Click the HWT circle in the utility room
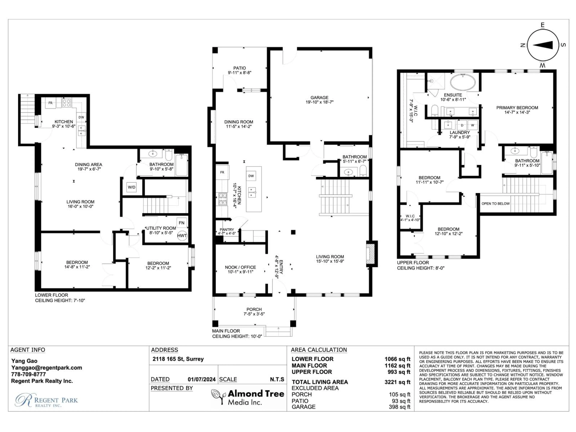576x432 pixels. point(182,236)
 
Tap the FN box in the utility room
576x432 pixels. point(181,223)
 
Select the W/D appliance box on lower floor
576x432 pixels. point(132,187)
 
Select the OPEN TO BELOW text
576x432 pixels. point(496,204)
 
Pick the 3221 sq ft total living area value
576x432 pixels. point(397,382)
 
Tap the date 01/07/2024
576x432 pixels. point(202,379)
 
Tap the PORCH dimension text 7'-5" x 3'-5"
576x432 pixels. point(254,314)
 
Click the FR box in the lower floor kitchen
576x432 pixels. point(51,103)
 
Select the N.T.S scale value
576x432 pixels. point(277,379)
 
